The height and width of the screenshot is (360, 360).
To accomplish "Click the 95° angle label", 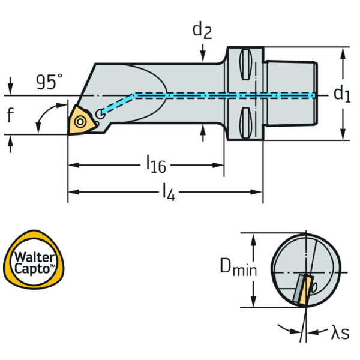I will pyautogui.click(x=48, y=82).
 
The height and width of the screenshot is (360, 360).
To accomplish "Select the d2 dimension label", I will pyautogui.click(x=202, y=31).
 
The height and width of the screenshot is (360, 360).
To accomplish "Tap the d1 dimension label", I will pyautogui.click(x=341, y=94).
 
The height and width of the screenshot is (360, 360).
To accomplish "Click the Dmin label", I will pyautogui.click(x=238, y=268).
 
